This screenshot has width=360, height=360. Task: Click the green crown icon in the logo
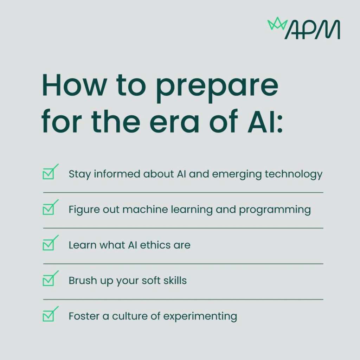click(x=277, y=24)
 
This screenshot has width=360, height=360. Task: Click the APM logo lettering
click(x=312, y=30)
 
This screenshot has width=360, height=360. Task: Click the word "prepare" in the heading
click(x=217, y=88)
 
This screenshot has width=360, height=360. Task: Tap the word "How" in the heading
click(x=75, y=85)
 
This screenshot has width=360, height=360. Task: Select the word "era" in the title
click(x=174, y=124)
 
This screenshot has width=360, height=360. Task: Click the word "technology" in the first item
click(x=294, y=174)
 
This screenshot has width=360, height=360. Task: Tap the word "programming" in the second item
click(x=275, y=210)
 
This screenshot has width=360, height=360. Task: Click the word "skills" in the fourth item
click(x=175, y=280)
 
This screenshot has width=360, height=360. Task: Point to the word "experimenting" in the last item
click(x=200, y=317)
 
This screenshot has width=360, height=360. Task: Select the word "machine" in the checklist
click(x=145, y=210)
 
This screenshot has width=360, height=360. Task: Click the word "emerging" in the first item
click(x=237, y=174)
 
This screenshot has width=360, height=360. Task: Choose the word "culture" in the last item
click(x=130, y=316)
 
